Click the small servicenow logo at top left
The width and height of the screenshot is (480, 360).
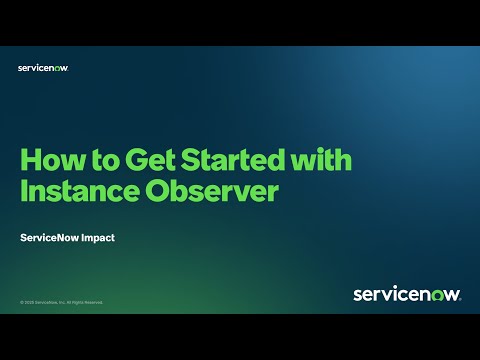click(43, 68)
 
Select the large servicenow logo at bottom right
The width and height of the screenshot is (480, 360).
click(406, 294)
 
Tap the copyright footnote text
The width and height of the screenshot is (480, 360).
click(61, 301)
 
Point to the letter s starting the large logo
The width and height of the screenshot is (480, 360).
click(358, 295)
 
